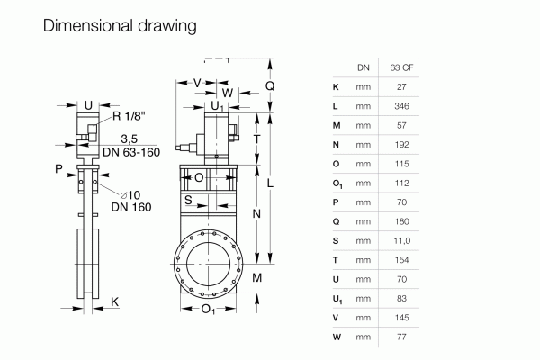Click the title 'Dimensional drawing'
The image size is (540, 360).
(120, 26)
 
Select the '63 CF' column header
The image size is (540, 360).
(401, 67)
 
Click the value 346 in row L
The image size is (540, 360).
(401, 105)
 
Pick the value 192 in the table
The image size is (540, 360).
(401, 144)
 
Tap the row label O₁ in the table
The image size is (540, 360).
(336, 183)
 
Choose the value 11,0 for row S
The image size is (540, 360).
(401, 240)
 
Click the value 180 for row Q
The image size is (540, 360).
(401, 221)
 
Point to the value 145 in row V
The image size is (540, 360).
(401, 317)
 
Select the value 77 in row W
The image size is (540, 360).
(401, 337)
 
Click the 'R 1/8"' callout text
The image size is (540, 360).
(130, 116)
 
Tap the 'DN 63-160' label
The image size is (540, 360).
(131, 152)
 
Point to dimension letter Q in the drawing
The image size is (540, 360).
(270, 86)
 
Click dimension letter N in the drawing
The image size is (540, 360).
(256, 213)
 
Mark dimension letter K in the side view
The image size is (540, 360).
(114, 301)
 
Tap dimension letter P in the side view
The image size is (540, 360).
(59, 168)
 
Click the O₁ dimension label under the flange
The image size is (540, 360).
(207, 310)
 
